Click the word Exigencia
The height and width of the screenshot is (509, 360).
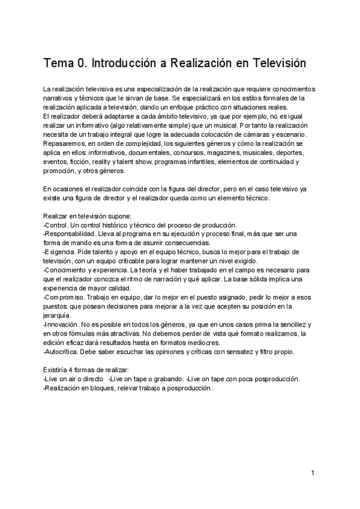pos(59,251)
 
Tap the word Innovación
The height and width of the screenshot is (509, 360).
pos(62,324)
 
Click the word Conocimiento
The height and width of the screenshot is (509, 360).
pos(65,270)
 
